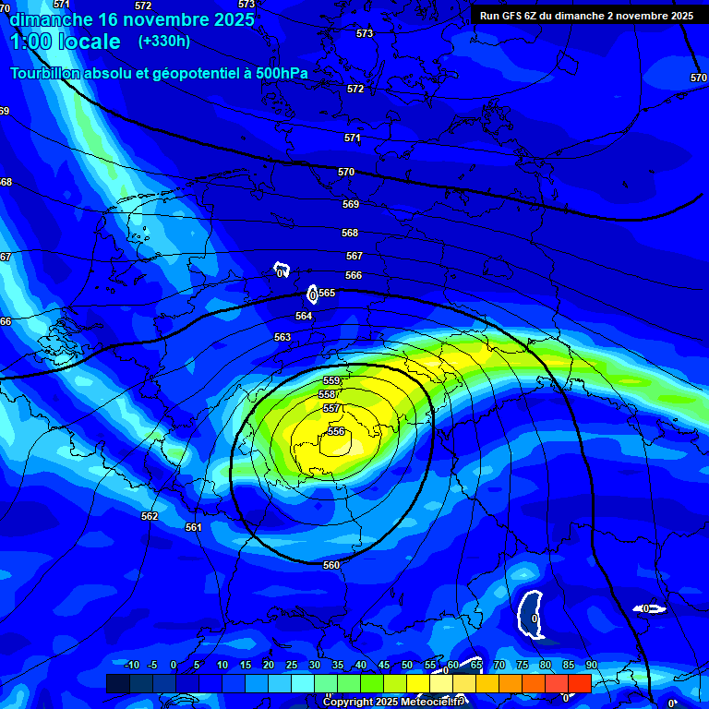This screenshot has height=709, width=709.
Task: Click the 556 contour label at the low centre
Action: [336, 431]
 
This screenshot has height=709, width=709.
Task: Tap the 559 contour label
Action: [332, 380]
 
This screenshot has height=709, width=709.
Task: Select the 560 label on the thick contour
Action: [331, 565]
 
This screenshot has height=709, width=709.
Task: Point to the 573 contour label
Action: [365, 33]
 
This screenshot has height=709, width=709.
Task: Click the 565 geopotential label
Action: [327, 293]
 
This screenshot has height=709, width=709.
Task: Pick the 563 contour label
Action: [282, 337]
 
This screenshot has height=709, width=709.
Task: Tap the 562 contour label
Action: [150, 516]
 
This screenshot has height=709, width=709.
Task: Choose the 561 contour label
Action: [193, 527]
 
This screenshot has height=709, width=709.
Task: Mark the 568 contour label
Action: [350, 234]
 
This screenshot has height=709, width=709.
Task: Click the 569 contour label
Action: [351, 204]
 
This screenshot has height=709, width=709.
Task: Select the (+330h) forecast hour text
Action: [164, 41]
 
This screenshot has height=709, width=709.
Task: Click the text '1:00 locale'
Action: [65, 42]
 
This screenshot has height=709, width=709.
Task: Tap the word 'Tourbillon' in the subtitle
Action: [47, 73]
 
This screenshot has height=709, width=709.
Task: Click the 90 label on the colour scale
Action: [591, 665]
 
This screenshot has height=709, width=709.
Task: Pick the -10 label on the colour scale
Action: [131, 665]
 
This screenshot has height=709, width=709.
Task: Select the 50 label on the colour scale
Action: [407, 665]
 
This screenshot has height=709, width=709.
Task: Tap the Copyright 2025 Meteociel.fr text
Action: [393, 702]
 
